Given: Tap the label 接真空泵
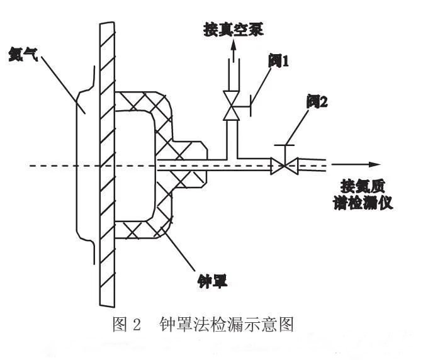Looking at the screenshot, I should pos(232,28).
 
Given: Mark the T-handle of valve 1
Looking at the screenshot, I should pos(251,104).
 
